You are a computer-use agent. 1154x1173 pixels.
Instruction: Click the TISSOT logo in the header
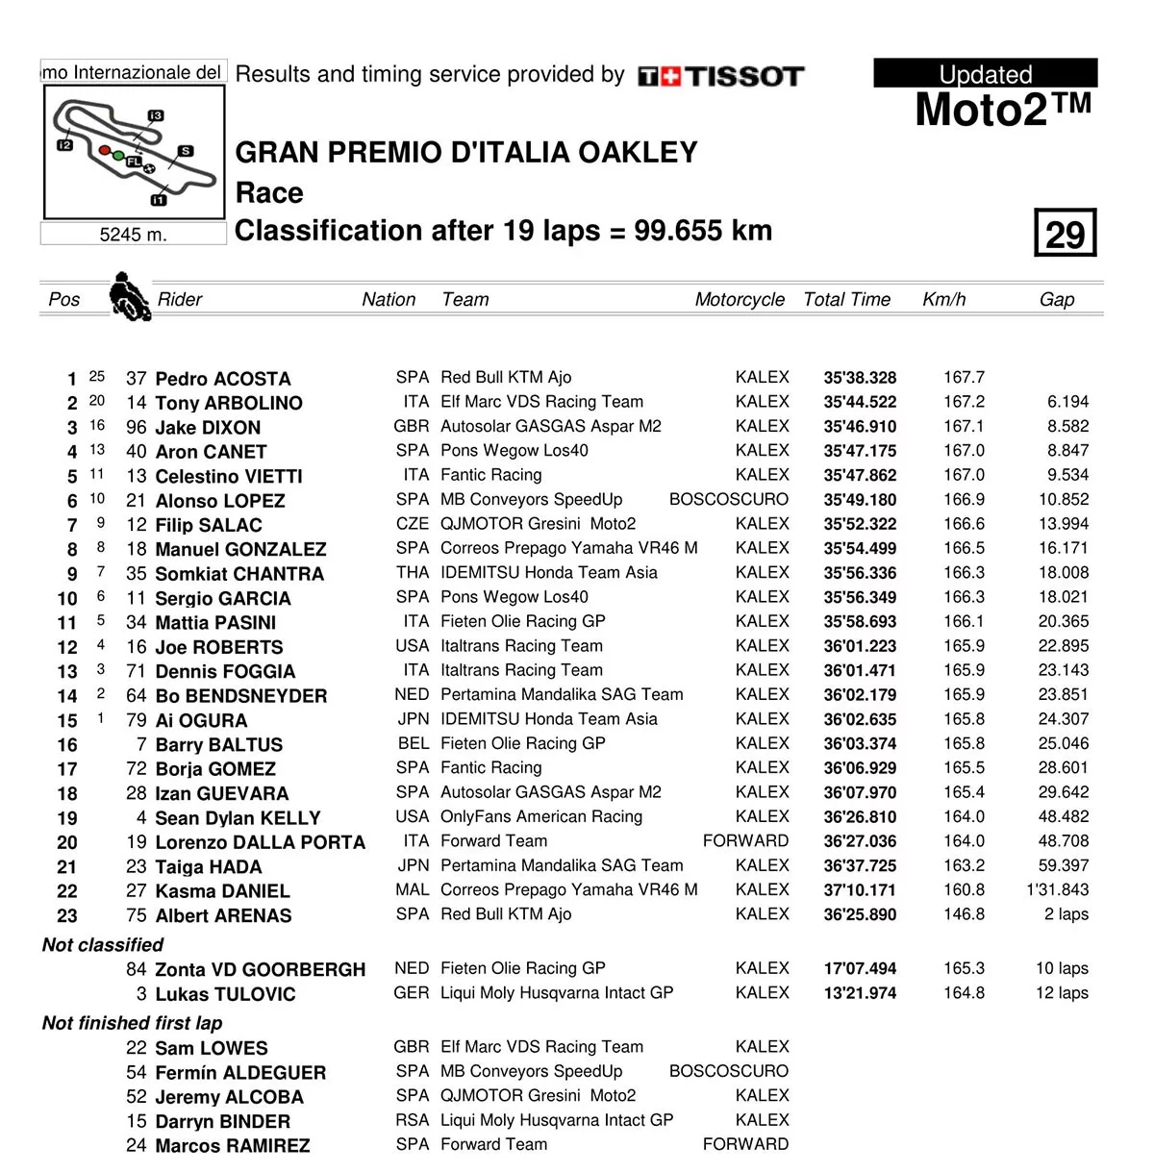720,77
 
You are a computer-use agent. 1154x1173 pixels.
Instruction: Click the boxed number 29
1065,234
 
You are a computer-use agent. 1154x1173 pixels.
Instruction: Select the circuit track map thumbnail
134,152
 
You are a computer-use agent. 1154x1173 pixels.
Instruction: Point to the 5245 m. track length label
134,235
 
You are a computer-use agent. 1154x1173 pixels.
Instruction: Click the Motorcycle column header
740,300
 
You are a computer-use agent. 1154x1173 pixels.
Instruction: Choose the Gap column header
1056,300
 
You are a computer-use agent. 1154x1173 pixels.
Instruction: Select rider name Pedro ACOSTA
222,379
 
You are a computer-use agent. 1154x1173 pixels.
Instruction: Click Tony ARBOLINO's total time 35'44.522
860,403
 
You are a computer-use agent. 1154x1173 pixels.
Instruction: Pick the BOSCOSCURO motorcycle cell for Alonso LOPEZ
728,500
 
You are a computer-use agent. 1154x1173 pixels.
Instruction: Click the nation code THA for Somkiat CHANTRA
412,573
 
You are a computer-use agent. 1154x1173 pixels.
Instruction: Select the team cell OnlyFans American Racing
540,817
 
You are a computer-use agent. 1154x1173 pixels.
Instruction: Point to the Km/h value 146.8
964,914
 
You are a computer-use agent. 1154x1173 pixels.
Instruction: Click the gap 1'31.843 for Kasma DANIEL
1057,890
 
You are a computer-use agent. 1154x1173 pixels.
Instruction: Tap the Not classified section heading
103,945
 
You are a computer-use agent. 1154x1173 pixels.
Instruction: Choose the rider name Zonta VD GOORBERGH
260,970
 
